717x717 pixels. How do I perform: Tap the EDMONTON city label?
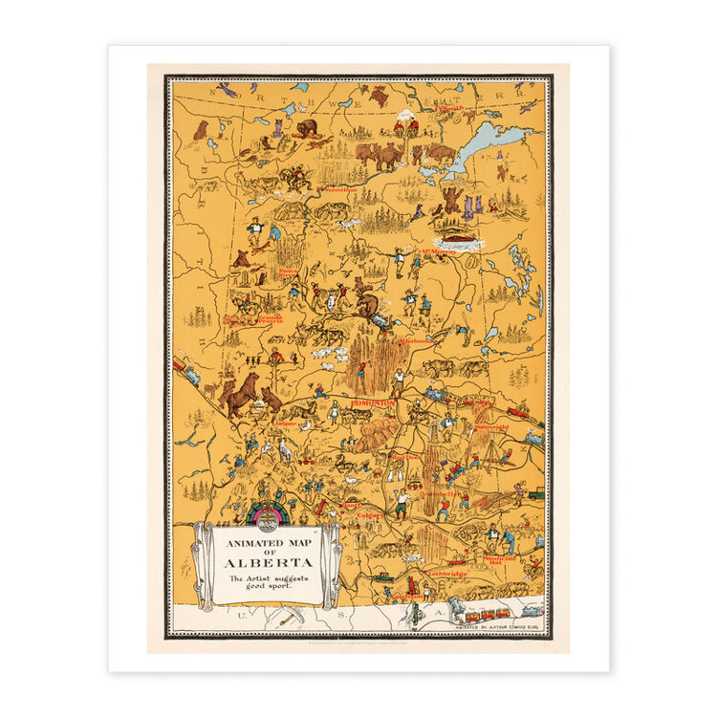tap(372, 403)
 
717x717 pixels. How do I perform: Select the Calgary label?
tap(371, 514)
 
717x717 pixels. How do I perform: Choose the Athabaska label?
tap(417, 339)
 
